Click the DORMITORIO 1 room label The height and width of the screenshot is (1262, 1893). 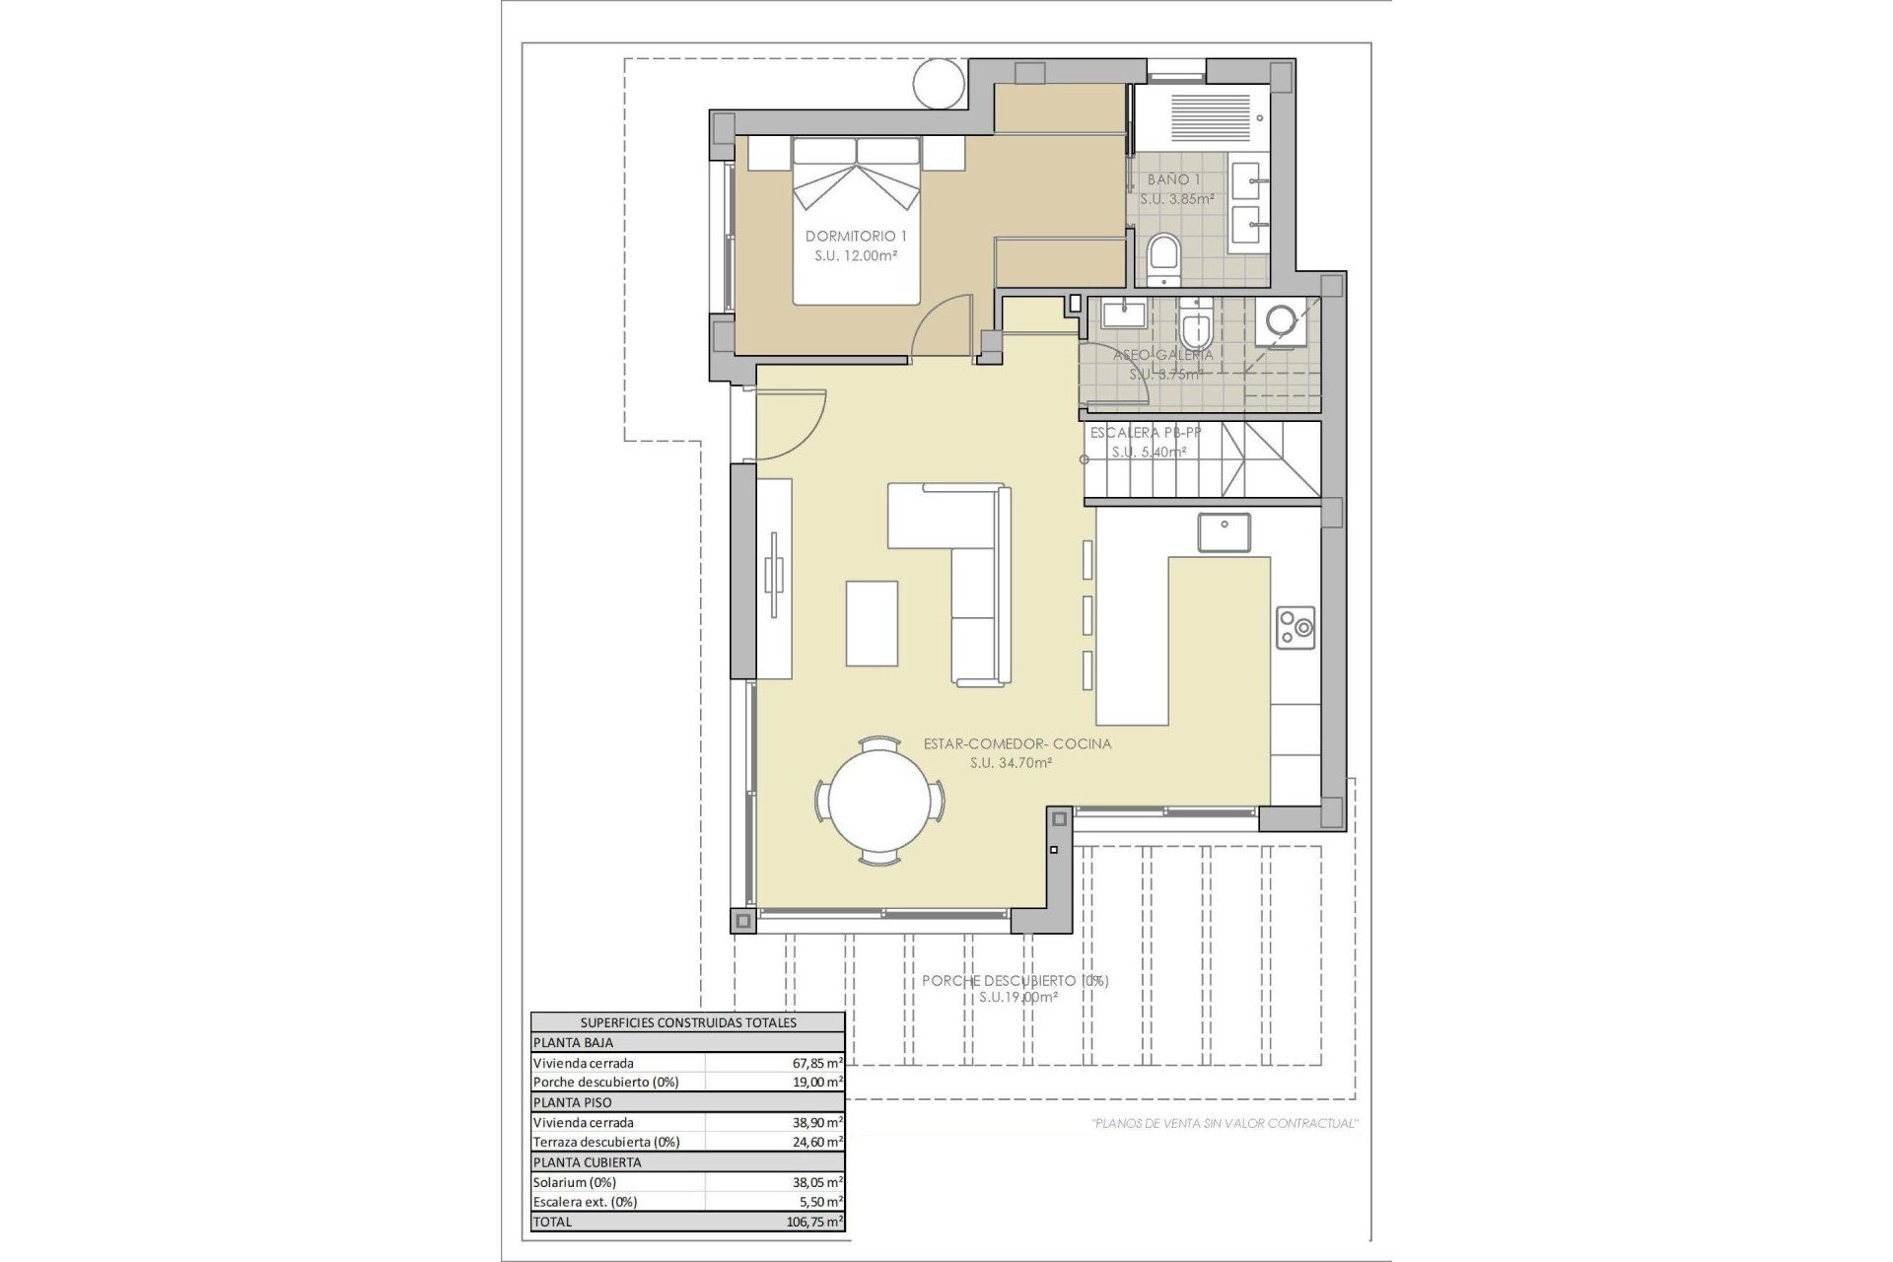(x=856, y=236)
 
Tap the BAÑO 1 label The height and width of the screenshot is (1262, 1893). (x=1174, y=179)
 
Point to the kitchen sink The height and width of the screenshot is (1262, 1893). (x=1224, y=532)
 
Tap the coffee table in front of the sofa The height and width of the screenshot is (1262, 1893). (x=872, y=623)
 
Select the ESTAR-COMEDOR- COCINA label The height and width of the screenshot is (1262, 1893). (x=1017, y=743)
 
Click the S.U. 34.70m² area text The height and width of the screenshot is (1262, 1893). (x=1011, y=762)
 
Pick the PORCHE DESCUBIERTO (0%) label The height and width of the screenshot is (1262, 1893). (x=1015, y=980)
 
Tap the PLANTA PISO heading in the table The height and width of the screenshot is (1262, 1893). (x=573, y=1102)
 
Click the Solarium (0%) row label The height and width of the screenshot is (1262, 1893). (x=574, y=1182)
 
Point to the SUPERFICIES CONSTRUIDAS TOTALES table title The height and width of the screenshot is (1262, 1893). (x=687, y=1022)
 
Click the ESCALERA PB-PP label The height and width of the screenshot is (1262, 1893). (x=1145, y=432)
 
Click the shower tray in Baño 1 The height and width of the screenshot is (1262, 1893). (x=1211, y=117)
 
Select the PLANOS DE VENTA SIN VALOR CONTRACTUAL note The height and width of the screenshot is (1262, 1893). (x=1225, y=1123)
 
